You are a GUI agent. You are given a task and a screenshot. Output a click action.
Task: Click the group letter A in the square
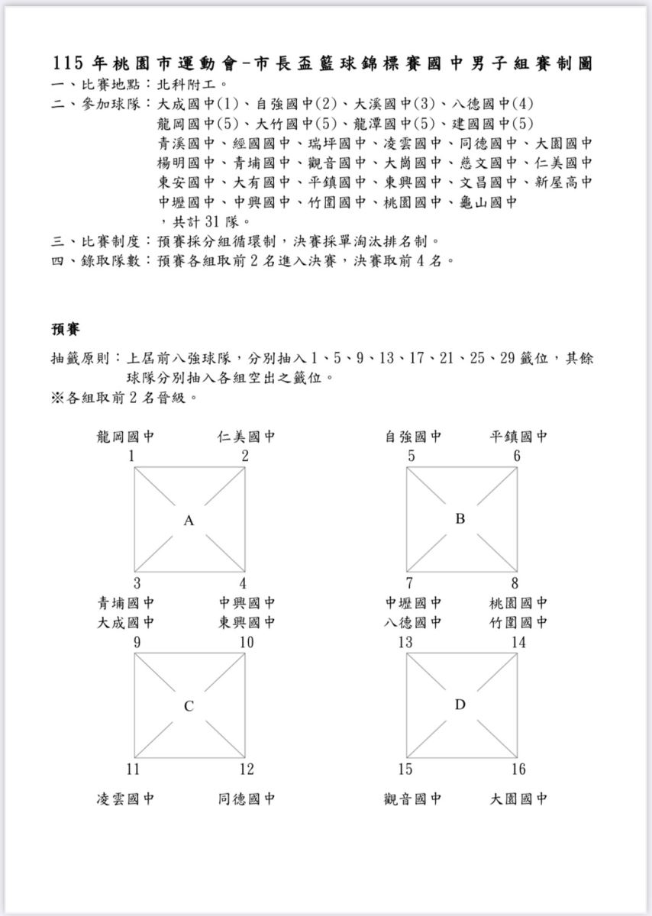tap(189, 521)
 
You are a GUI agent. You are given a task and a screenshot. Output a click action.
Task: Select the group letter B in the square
tap(460, 519)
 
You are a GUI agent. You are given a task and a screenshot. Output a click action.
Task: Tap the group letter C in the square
tap(189, 706)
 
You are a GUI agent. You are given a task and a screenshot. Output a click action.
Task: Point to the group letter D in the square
tap(460, 705)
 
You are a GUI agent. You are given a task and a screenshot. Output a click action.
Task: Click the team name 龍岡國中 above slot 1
tap(126, 437)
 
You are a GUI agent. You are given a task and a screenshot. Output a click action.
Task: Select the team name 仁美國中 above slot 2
tap(246, 437)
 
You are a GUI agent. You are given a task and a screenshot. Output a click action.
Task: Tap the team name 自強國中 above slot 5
tap(413, 437)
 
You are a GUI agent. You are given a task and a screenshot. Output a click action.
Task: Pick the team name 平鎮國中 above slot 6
tap(518, 437)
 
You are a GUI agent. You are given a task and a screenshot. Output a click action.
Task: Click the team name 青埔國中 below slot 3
tap(126, 603)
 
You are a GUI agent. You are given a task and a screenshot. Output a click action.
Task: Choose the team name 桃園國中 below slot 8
tap(518, 603)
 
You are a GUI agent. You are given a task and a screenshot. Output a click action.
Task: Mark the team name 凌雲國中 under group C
tap(126, 799)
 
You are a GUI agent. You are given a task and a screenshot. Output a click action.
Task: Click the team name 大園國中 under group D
tap(518, 799)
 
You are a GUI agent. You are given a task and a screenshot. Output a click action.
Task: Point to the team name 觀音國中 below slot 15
tap(413, 799)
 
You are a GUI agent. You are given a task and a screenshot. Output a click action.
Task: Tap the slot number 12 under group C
tap(246, 769)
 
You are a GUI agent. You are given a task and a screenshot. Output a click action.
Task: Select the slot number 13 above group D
tap(405, 643)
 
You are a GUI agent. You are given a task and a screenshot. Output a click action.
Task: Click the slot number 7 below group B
tap(410, 584)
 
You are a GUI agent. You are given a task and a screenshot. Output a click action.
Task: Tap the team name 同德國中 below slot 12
tap(246, 799)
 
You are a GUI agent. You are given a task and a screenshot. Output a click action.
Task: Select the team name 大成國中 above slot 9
tap(126, 622)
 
